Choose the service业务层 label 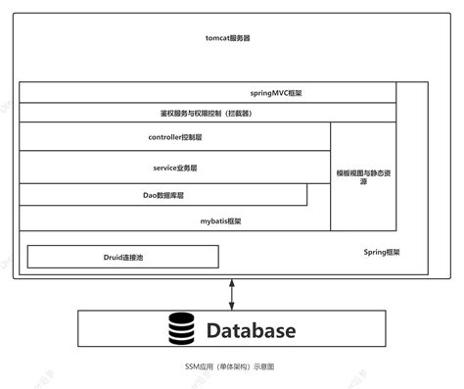(177, 168)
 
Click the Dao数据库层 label (162, 195)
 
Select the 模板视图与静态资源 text (363, 176)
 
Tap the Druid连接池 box (122, 257)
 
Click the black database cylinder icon (182, 330)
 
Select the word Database (250, 330)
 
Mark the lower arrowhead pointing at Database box (232, 305)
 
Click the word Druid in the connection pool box (112, 257)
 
